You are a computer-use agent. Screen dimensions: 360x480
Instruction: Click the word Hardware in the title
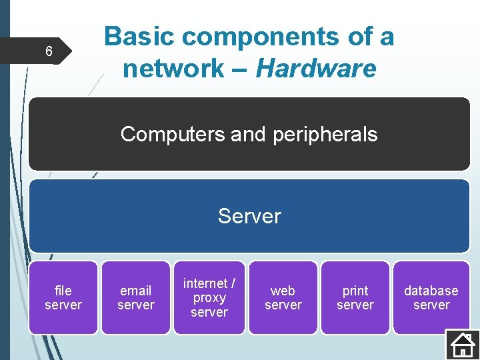pos(316,68)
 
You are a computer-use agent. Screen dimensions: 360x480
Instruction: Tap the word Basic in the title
pos(141,37)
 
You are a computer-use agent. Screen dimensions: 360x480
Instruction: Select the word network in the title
pos(173,68)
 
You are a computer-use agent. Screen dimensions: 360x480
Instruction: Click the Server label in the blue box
pos(249,216)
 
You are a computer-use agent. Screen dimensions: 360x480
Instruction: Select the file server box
pos(63,297)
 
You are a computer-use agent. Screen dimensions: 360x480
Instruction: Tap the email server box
pos(136,297)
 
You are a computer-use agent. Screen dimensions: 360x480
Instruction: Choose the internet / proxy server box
pos(209,297)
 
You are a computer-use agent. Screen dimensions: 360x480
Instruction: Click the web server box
pos(283,297)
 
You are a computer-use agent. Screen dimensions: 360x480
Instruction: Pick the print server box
pos(355,297)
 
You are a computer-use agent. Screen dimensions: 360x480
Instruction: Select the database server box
pos(431,297)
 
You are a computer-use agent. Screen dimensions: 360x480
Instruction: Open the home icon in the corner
pos(461,344)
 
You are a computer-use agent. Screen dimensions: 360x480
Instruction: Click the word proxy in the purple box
pos(209,298)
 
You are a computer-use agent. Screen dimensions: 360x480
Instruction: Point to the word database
pos(431,291)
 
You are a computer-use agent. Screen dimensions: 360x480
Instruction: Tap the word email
pos(136,291)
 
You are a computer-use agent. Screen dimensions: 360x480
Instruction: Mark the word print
pos(355,291)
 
